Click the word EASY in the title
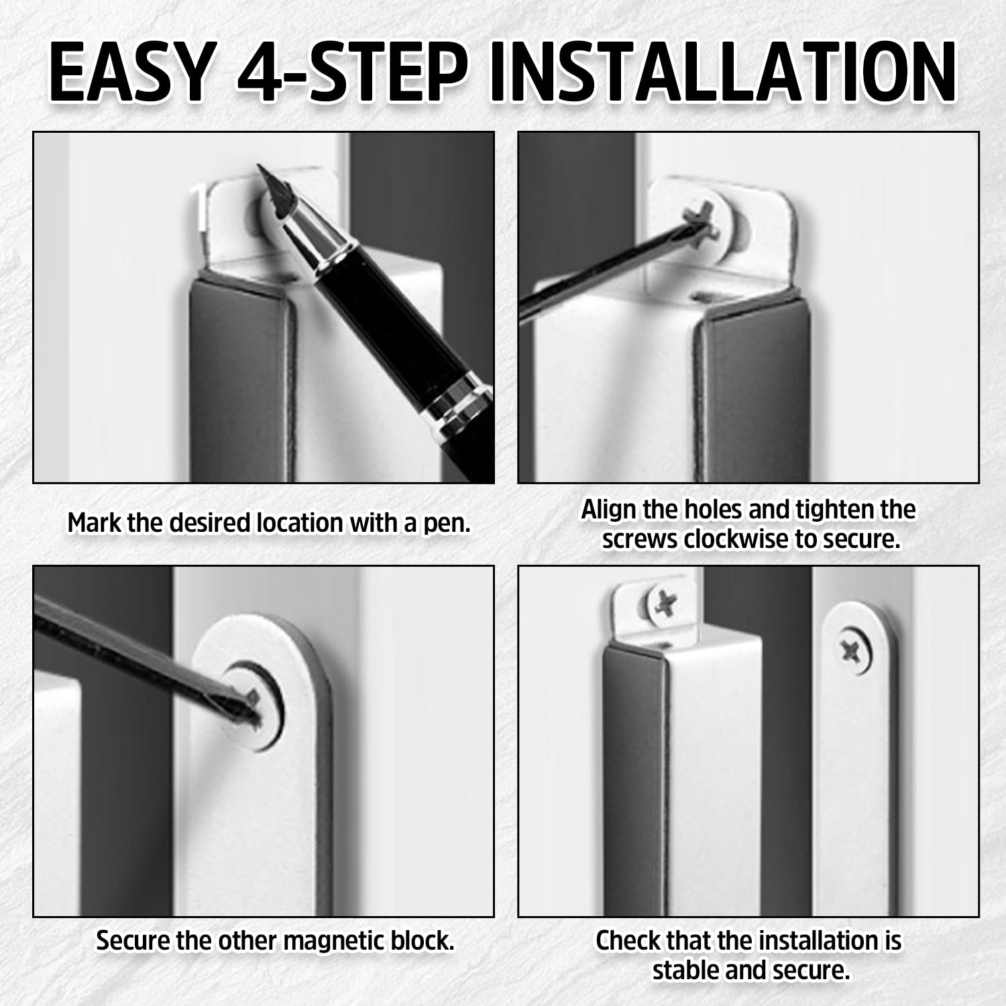(x=131, y=72)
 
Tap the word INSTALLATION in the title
(x=723, y=72)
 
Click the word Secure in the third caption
(x=132, y=940)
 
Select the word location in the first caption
(x=299, y=522)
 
